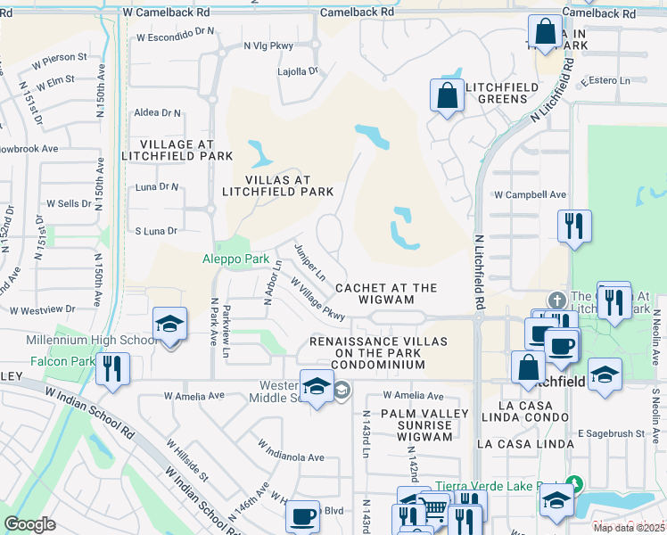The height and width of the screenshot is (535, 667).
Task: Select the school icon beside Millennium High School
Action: [x=169, y=325]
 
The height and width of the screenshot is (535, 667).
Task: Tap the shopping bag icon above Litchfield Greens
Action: [x=446, y=95]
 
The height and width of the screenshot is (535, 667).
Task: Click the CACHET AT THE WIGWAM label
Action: [x=387, y=293]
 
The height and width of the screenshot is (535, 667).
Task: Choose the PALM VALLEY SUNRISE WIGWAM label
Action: [x=424, y=419]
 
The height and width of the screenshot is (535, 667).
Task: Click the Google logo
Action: [x=29, y=524]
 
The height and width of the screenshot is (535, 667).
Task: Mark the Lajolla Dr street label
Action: [x=298, y=70]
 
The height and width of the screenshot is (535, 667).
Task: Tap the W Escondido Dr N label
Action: [x=176, y=37]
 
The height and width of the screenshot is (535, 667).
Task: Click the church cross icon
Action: [x=557, y=300]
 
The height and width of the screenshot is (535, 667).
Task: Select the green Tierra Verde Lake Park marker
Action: [x=573, y=484]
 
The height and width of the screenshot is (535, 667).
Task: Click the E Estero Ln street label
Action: [x=610, y=81]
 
